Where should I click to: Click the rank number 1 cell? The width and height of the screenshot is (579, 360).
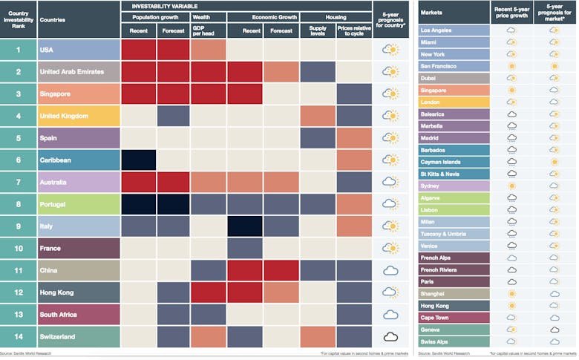click(x=18, y=50)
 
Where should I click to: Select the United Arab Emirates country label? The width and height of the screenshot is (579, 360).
click(x=78, y=72)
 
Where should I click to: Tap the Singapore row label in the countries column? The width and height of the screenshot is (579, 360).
click(x=78, y=94)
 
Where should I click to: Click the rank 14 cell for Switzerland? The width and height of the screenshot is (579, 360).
click(x=18, y=336)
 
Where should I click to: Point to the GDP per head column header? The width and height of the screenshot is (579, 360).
click(x=208, y=29)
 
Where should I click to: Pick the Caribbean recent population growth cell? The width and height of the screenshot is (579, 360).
click(x=138, y=160)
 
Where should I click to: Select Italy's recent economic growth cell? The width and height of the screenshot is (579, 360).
click(x=245, y=226)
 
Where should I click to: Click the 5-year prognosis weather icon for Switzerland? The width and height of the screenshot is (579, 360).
click(x=390, y=336)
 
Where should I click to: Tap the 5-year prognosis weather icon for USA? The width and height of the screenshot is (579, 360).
click(x=390, y=50)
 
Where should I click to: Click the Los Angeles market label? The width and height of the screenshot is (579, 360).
click(x=454, y=30)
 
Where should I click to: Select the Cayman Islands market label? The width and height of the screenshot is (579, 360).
click(x=454, y=162)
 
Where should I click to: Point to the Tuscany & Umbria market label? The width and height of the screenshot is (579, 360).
click(x=454, y=233)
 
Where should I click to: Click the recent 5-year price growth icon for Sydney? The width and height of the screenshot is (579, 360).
click(x=511, y=186)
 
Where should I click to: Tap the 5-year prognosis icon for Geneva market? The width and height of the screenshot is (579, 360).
click(x=555, y=329)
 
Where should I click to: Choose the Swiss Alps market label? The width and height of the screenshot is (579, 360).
click(x=454, y=341)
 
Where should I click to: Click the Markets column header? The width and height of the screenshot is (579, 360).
click(x=454, y=11)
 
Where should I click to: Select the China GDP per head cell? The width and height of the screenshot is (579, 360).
click(x=208, y=270)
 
